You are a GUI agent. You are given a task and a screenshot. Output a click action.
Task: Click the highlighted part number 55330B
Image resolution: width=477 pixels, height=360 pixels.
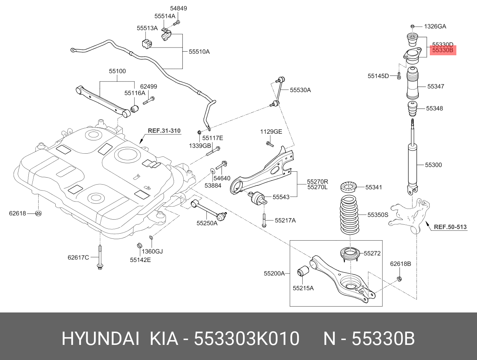coord(443,50)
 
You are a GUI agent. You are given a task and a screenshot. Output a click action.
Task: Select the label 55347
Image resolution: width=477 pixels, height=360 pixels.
coord(436,86)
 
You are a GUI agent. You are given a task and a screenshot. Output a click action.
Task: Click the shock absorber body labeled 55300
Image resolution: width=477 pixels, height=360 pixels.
coord(412,164)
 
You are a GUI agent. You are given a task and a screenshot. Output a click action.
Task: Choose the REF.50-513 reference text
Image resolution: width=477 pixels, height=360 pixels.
coord(450,227)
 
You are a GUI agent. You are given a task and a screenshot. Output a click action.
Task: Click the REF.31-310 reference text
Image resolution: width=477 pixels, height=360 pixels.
coord(164,130)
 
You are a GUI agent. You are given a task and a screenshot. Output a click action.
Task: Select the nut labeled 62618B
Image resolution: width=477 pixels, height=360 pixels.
coord(399,278)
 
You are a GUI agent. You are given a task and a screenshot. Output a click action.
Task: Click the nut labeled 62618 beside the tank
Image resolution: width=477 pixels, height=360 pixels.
coord(38,213)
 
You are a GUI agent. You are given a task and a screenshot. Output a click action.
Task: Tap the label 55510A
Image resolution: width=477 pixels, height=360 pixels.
coord(199,52)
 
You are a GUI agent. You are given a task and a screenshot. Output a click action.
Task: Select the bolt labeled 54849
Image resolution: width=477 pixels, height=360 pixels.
coord(177,22)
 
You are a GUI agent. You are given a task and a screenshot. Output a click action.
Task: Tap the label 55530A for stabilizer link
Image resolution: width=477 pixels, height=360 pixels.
coord(300,90)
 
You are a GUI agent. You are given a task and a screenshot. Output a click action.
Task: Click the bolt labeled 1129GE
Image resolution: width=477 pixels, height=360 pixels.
coord(269,144)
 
